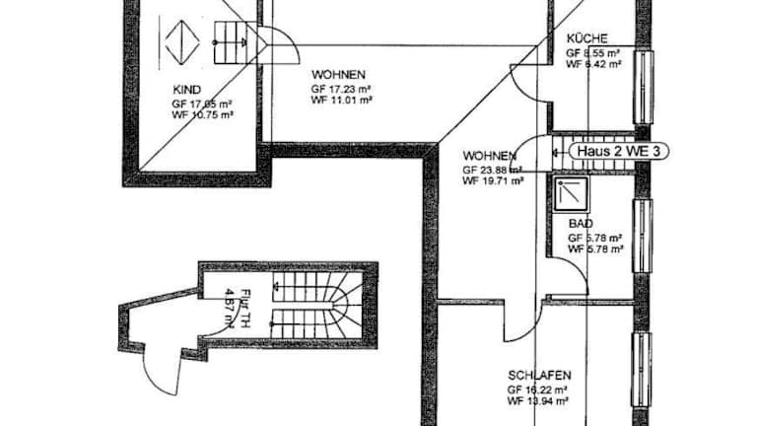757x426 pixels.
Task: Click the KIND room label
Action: click(x=187, y=90)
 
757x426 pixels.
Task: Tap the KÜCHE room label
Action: click(x=587, y=39)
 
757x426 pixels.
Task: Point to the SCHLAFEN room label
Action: click(x=537, y=376)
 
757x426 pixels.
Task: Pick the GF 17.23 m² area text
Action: click(x=341, y=87)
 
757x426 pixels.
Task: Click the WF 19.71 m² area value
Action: click(x=493, y=181)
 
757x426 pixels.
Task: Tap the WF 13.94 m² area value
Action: click(x=538, y=401)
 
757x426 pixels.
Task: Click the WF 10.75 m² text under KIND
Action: click(x=202, y=114)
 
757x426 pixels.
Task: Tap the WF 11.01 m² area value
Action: click(x=342, y=100)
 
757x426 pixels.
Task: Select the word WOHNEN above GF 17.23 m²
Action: click(x=339, y=74)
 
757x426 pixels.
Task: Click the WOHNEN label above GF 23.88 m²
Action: click(x=490, y=157)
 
